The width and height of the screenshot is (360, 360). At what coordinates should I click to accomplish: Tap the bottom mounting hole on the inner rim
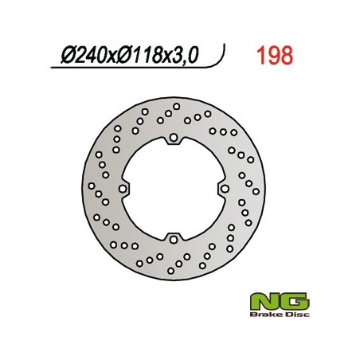(174, 237)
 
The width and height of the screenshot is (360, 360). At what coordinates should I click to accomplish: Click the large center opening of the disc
(174, 189)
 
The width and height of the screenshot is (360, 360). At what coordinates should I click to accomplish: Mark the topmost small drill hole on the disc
(176, 106)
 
